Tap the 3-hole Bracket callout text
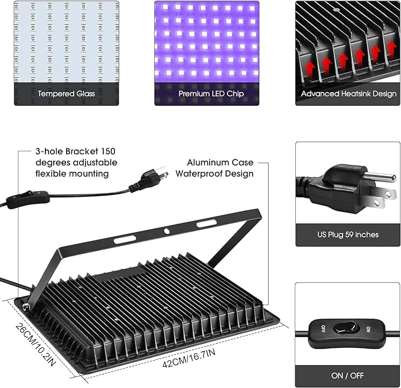(x=76, y=162)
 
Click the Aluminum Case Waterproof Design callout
(x=220, y=168)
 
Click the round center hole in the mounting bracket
(x=167, y=232)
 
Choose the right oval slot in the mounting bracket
(x=206, y=224)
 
